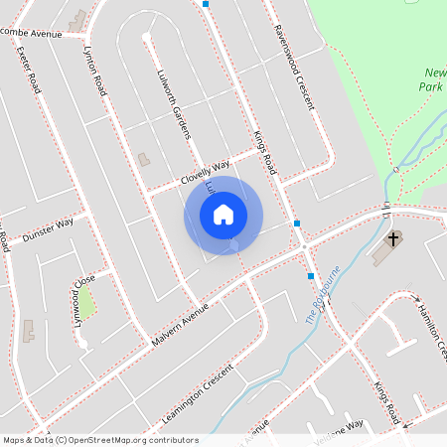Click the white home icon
[223, 214]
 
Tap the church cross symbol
[392, 238]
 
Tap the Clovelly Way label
[205, 171]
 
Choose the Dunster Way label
[48, 228]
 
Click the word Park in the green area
[433, 86]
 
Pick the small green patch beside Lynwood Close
[87, 302]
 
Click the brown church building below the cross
[381, 253]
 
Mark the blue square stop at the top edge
[206, 4]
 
